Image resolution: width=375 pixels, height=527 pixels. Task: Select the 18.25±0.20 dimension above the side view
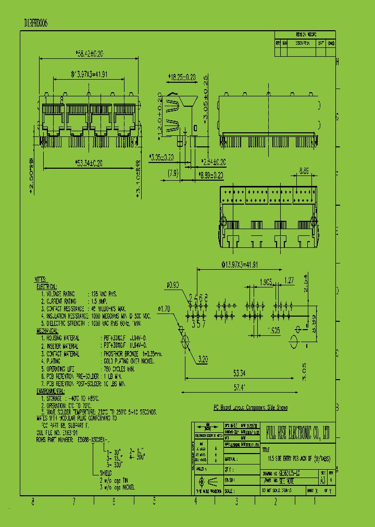[x=181, y=77]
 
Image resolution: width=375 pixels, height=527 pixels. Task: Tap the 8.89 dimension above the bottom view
[x=306, y=170]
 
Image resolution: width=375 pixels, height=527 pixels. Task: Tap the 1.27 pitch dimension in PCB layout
[x=290, y=280]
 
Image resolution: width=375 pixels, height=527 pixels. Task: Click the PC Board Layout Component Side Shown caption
[x=251, y=408]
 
